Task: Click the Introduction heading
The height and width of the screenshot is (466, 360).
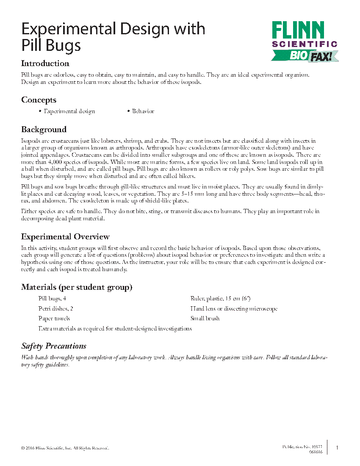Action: [x=45, y=64]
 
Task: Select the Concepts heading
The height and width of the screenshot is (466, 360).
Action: [x=39, y=100]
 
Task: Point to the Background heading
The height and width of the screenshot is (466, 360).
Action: [x=44, y=129]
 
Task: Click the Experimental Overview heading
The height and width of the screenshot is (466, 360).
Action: [x=65, y=236]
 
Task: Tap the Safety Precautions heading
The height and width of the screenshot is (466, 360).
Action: [x=54, y=346]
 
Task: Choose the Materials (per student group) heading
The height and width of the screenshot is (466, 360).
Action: [x=77, y=287]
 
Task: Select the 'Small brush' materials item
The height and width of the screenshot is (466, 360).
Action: [x=205, y=319]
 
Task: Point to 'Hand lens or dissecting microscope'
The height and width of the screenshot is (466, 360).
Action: [x=234, y=309]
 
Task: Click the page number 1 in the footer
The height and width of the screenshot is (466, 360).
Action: [x=337, y=447]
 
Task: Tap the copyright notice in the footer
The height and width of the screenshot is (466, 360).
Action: [x=65, y=448]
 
